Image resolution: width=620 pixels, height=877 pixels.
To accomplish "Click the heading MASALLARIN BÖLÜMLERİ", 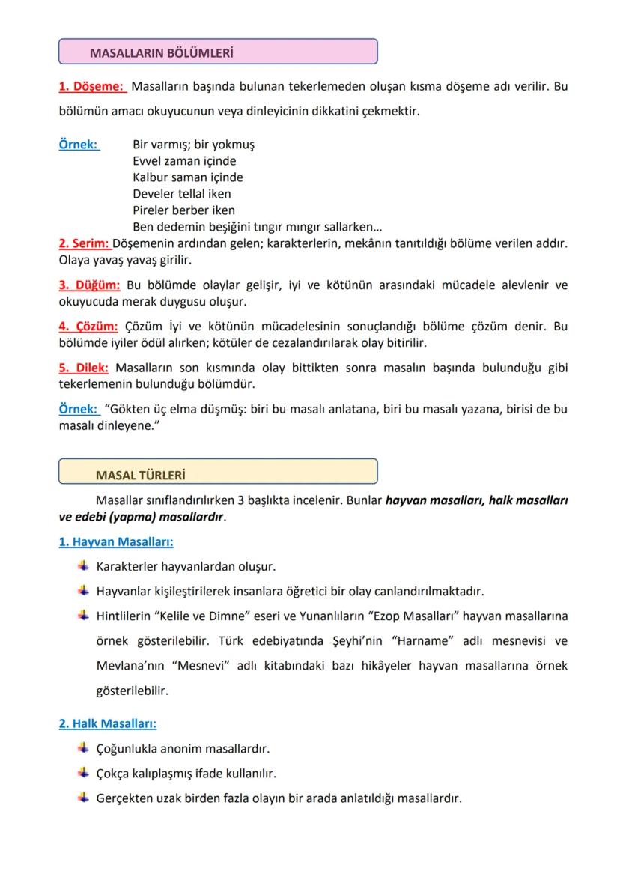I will [161, 53].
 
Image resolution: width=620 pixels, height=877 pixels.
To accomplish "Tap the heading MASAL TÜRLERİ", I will [141, 475].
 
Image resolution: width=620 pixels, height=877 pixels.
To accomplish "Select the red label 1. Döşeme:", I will [91, 87].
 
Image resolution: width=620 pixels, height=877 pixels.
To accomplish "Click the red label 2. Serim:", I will [84, 244].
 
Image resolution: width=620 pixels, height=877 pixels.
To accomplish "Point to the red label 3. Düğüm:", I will [89, 285].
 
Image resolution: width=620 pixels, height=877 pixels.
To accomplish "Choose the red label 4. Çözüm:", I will [88, 327].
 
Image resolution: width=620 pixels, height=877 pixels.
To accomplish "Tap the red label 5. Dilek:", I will [84, 368].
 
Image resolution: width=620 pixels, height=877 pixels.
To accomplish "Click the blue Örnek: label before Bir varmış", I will [79, 145].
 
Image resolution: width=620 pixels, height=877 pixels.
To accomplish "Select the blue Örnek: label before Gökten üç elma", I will [79, 409].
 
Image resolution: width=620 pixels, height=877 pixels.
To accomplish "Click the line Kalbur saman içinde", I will [187, 177].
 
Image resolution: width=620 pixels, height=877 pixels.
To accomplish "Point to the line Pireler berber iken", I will [183, 210].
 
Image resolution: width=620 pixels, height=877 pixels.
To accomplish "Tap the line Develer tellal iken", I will [182, 194].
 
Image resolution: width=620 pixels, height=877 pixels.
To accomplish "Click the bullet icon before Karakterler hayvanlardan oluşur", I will [83, 566].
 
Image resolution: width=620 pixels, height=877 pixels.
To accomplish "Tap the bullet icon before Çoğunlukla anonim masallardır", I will [83, 748].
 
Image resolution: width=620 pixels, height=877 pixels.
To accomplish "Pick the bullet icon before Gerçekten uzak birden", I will [83, 798].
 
